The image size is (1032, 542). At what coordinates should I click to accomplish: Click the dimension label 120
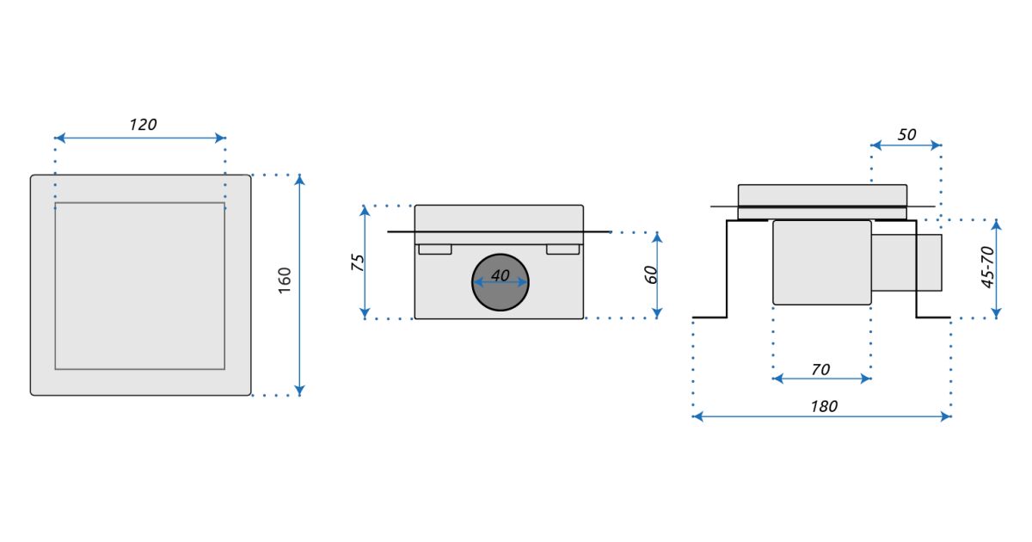coord(143,125)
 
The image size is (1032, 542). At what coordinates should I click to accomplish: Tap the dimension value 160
coord(286,280)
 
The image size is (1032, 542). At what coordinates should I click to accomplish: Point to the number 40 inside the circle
coord(500,276)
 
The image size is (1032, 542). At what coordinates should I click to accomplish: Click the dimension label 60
coord(651,274)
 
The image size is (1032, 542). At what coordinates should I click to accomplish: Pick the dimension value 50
coord(906,135)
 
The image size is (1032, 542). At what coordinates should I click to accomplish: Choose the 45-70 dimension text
coord(987,268)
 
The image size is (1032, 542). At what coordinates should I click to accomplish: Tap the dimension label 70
coord(820,369)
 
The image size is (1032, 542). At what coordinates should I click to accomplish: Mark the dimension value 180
coord(823,406)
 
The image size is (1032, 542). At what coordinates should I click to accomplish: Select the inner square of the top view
coord(140,286)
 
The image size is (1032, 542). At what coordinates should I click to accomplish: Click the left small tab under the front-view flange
coord(435,249)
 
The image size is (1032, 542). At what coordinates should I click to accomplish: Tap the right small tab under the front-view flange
coord(562,249)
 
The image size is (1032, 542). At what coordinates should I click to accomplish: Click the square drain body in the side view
coord(822,262)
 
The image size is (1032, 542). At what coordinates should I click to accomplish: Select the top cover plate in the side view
coord(822,195)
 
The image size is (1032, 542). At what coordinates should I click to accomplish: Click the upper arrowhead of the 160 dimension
coord(299,179)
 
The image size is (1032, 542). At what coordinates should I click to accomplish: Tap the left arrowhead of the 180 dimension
coord(697,416)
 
